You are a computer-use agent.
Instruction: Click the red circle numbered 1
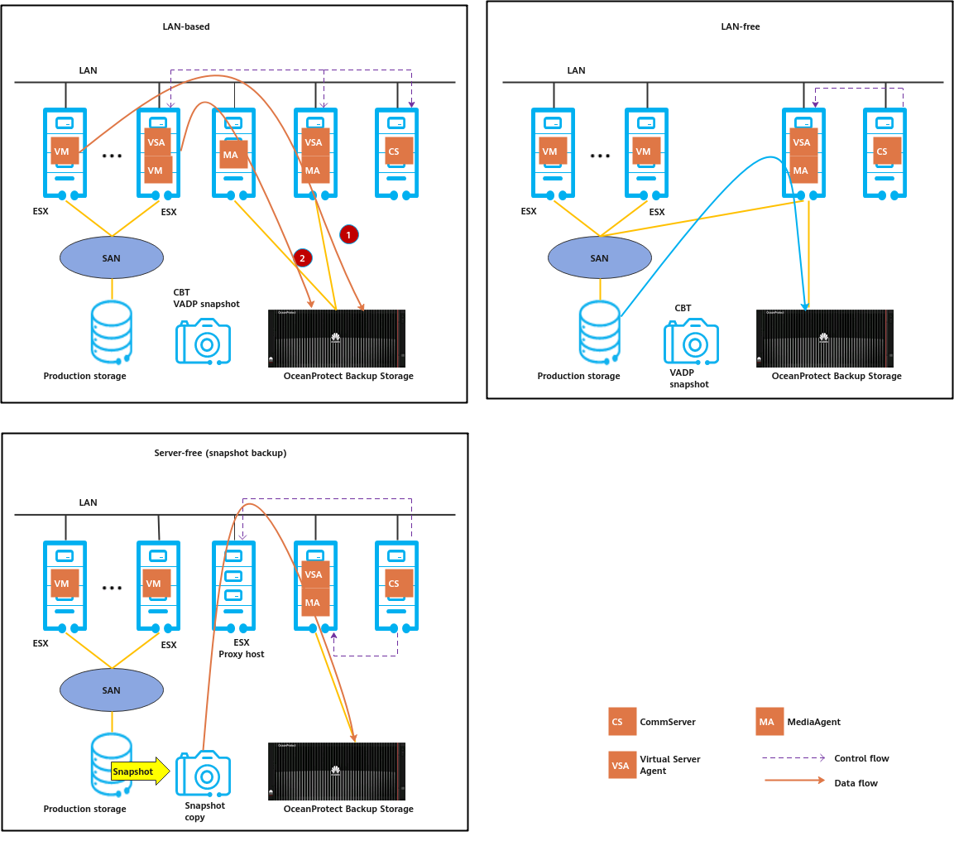coord(348,234)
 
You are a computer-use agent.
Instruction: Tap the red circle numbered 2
coord(302,258)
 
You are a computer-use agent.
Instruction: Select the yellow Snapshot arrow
coord(141,771)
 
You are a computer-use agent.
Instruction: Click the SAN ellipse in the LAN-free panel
coord(600,257)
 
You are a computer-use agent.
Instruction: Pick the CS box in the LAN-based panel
coord(399,151)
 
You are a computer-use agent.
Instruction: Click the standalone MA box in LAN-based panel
coord(233,155)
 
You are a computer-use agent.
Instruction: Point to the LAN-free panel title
coord(740,26)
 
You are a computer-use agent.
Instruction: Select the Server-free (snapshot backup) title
coord(220,453)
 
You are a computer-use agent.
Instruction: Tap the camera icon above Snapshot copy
coord(204,773)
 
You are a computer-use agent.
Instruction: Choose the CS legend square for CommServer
coord(622,721)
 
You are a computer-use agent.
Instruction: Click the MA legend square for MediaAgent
coord(769,721)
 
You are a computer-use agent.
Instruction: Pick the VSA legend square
coord(622,765)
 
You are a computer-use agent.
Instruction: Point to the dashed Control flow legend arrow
coord(793,757)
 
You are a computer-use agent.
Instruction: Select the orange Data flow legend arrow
coord(794,781)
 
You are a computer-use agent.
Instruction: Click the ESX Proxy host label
coord(242,648)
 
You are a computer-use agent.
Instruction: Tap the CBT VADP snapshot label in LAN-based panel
coord(206,298)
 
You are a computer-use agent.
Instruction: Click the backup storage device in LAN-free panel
coord(824,339)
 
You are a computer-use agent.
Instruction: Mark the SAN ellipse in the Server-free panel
coord(112,690)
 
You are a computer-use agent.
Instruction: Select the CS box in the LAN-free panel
coord(887,151)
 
